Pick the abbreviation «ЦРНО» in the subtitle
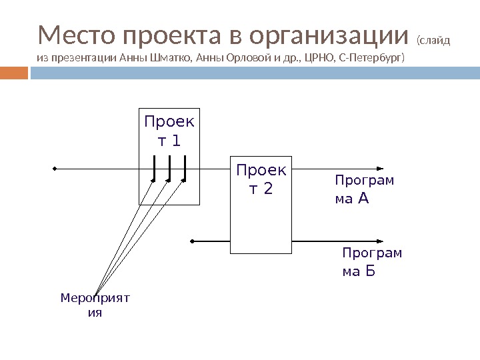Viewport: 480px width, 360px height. coord(316,57)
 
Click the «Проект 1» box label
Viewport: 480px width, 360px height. coord(169,131)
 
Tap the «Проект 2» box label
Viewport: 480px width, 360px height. coord(261,179)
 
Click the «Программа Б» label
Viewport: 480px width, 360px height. coord(371,261)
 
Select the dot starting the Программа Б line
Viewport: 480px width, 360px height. coord(192,240)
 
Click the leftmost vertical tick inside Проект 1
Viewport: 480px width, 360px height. coord(155,167)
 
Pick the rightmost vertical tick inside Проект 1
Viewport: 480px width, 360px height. coord(185,167)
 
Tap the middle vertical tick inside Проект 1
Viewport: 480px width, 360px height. coord(170,167)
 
